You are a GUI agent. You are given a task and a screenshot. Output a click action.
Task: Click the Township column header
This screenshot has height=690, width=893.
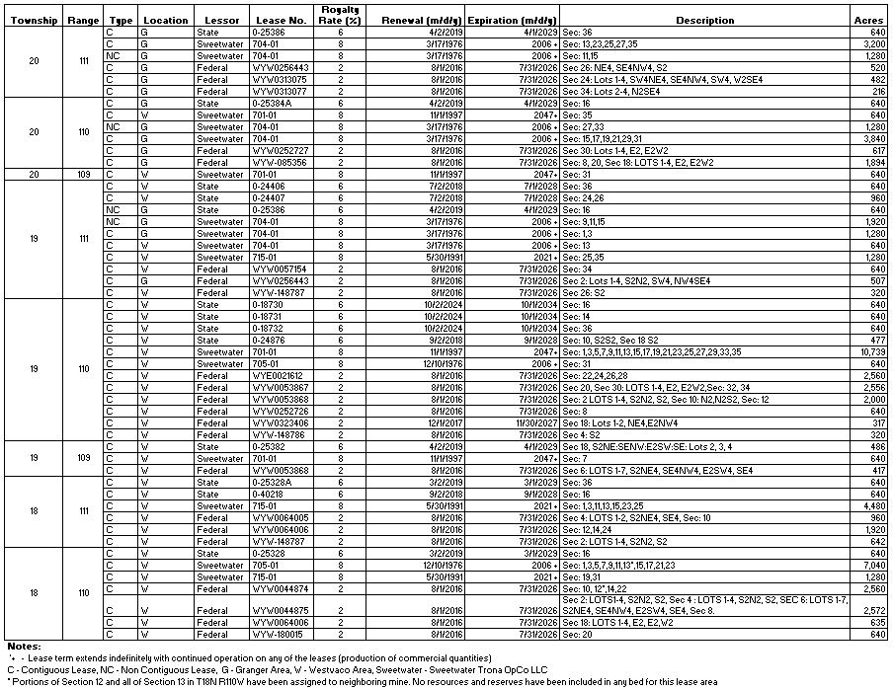pyautogui.click(x=34, y=20)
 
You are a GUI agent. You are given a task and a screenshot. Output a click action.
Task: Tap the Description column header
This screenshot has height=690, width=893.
pyautogui.click(x=704, y=20)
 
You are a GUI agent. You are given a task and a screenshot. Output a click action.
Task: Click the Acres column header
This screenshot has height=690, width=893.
pyautogui.click(x=867, y=20)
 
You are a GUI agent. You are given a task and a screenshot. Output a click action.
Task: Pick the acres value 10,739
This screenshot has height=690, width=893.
pyautogui.click(x=869, y=351)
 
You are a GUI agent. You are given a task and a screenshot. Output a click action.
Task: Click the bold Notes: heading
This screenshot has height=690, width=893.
pyautogui.click(x=23, y=646)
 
